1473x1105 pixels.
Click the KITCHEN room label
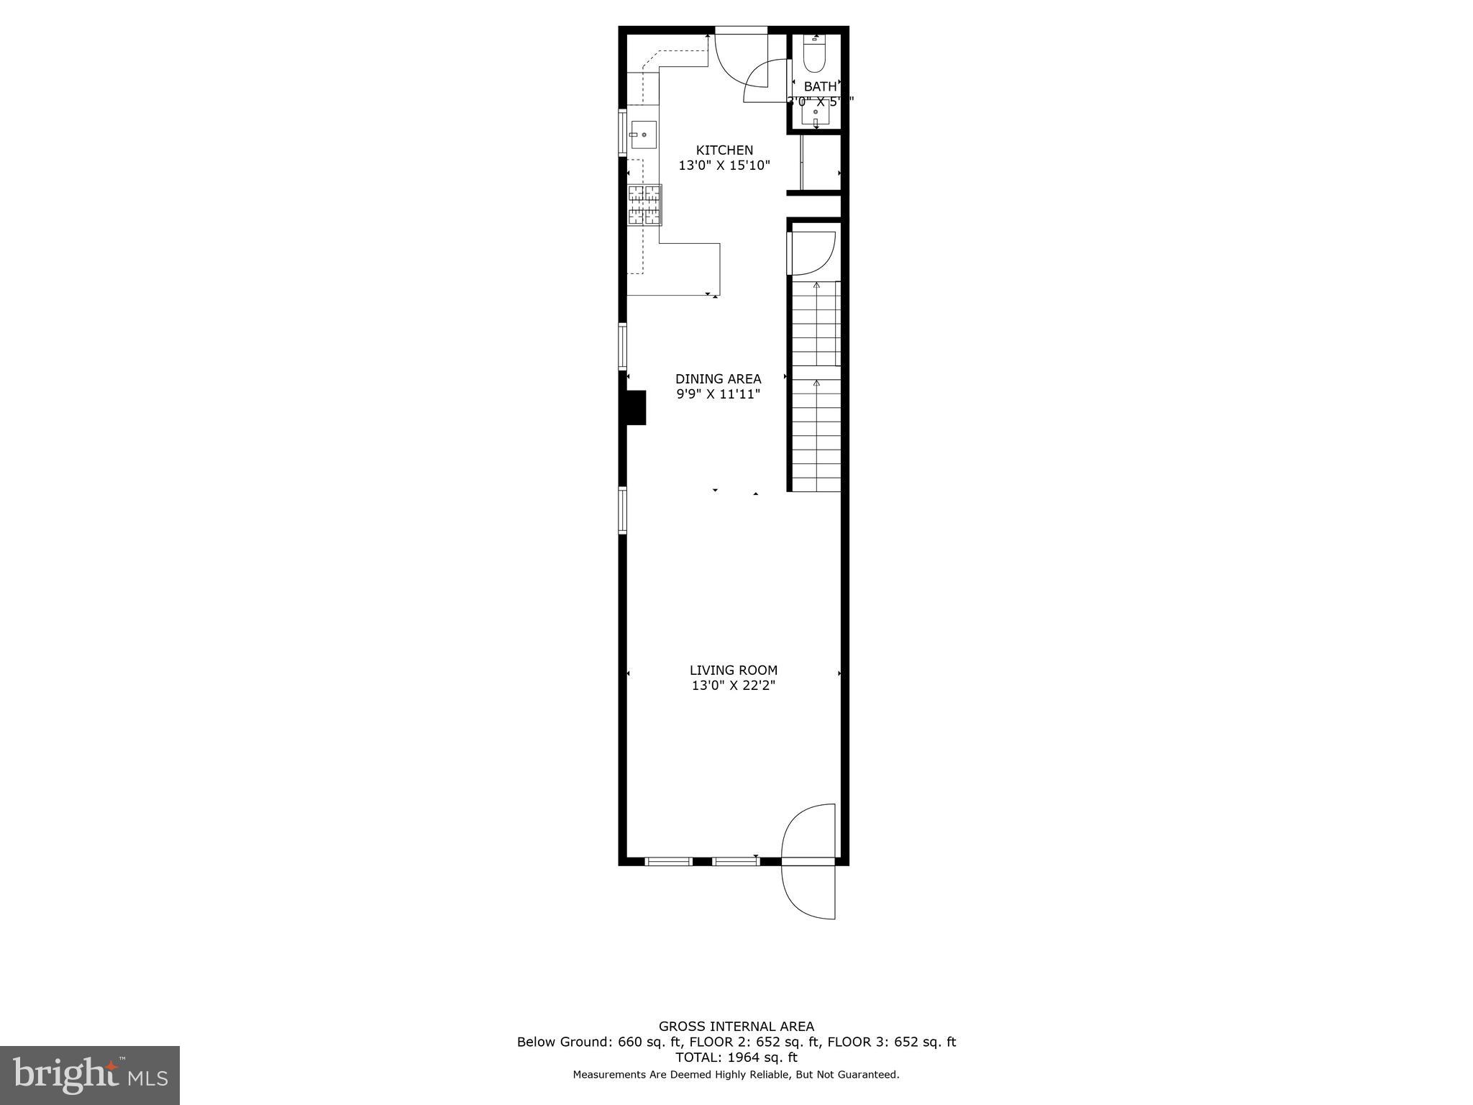(x=724, y=150)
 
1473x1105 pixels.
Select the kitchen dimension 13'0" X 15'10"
(x=724, y=165)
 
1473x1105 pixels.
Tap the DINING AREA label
(x=718, y=378)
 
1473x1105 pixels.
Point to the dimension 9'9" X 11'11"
(x=718, y=394)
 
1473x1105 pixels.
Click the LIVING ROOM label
(x=734, y=670)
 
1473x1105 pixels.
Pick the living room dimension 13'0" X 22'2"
(x=734, y=686)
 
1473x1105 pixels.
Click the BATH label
(x=820, y=86)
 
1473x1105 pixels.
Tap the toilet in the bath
(x=814, y=54)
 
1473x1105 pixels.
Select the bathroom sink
(x=816, y=113)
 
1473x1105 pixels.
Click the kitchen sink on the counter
(x=644, y=135)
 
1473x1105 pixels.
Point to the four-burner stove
(x=644, y=205)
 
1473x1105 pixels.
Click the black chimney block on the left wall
(x=636, y=407)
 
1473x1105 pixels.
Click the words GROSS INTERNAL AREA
(x=736, y=1027)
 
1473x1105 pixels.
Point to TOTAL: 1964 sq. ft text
(x=736, y=1058)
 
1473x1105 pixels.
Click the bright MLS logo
(x=90, y=1076)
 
